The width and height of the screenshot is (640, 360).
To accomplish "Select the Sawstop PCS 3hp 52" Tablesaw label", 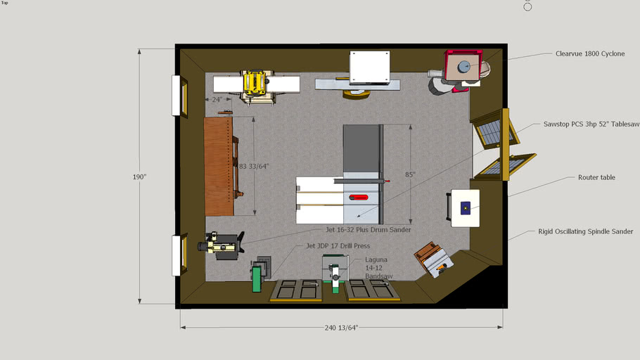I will coord(591,124).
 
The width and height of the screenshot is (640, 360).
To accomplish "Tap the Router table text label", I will coord(596,178).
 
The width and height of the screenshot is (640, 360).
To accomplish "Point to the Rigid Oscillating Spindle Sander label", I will coord(585,231).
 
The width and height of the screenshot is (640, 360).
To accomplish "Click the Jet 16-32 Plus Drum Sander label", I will coord(368,230).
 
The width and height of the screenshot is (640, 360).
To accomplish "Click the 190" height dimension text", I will coord(139,176).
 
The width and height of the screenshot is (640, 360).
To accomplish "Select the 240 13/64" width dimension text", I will coord(342,328).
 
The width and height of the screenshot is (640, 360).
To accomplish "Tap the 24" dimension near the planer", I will coord(217,100).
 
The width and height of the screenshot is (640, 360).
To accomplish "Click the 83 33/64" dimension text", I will coord(254,166).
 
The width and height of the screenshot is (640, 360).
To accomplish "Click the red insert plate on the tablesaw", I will coord(360,199).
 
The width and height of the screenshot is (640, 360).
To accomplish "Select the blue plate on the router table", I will coord(465,208).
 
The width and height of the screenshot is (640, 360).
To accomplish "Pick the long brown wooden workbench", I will coord(218,166).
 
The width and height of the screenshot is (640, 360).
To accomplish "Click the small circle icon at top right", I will coord(528,6).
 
